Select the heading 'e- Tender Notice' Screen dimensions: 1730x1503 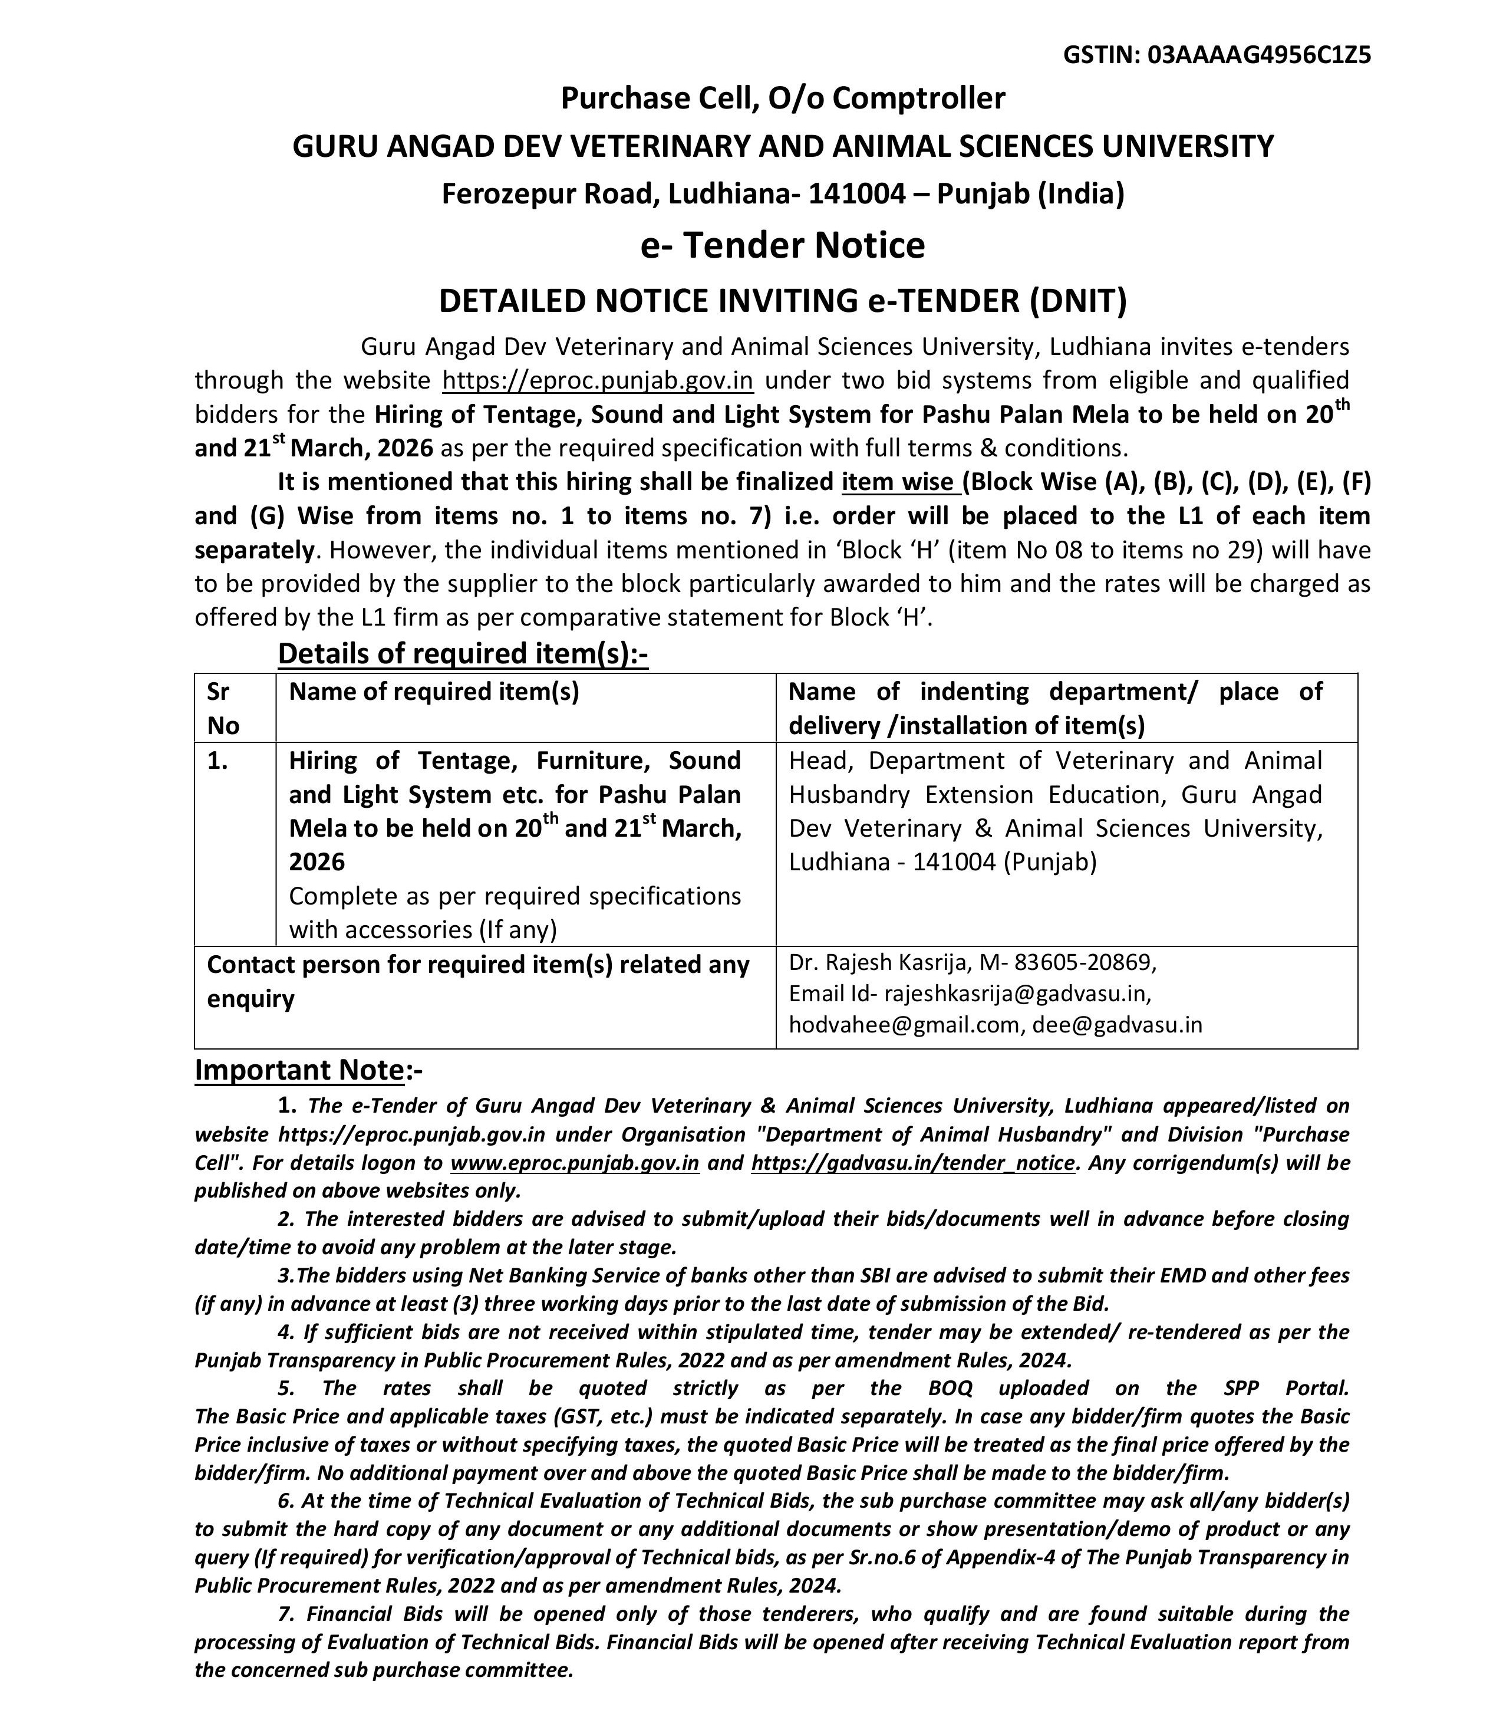(x=783, y=245)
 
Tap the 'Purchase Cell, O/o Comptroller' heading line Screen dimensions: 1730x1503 (x=783, y=98)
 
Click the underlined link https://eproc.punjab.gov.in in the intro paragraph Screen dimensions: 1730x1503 (x=597, y=380)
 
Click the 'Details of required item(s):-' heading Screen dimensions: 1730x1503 (x=463, y=653)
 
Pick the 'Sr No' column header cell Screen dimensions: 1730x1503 (x=222, y=708)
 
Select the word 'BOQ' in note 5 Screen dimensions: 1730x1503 (x=950, y=1389)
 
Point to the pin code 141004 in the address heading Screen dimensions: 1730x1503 (x=856, y=194)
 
